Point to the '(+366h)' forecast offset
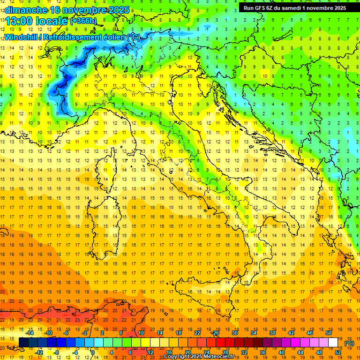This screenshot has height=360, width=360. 83,21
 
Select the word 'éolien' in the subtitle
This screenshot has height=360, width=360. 115,37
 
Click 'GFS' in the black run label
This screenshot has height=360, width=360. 262,8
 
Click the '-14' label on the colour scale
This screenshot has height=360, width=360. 30,333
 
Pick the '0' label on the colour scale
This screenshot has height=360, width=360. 93,352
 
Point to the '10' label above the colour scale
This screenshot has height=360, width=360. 142,333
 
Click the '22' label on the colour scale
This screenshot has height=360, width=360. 197,333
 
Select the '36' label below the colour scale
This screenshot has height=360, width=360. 262,352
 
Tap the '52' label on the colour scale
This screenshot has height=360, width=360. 337,352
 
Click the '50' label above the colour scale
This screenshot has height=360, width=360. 329,333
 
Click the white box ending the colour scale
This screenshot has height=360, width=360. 333,343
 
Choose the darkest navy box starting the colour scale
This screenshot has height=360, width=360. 23,343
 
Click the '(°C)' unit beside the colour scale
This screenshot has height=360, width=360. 349,343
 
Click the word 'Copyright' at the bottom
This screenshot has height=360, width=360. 178,357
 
